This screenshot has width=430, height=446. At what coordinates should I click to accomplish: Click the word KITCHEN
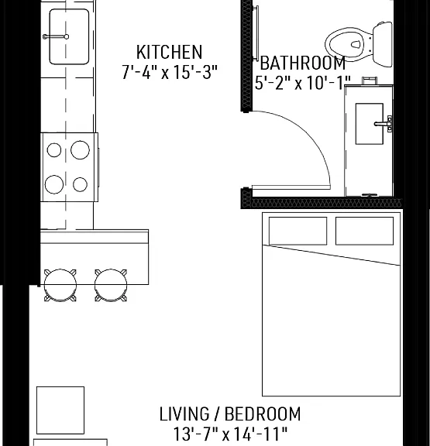[170, 52]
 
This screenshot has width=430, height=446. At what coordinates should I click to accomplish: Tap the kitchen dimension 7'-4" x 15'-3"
[170, 72]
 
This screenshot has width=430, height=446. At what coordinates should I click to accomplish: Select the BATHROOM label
[303, 63]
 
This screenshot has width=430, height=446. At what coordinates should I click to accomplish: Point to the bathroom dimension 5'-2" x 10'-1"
[302, 83]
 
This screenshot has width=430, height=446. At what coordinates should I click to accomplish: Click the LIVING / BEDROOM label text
[230, 414]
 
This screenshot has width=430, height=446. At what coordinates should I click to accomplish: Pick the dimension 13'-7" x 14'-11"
[230, 434]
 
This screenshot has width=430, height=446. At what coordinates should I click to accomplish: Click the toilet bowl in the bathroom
[349, 44]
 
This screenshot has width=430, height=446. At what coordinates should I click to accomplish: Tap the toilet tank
[383, 44]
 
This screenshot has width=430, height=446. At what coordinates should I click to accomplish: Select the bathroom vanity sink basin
[369, 124]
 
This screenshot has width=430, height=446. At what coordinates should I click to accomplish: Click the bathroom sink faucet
[383, 124]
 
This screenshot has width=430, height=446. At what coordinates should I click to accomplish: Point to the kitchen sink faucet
[56, 36]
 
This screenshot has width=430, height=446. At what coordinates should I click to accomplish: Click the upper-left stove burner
[54, 150]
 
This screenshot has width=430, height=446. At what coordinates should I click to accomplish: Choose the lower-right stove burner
[80, 184]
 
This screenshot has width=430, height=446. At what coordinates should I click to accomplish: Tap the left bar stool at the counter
[60, 285]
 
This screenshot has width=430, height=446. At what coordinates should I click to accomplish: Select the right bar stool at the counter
[111, 285]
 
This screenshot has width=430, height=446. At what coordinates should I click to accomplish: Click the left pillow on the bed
[298, 231]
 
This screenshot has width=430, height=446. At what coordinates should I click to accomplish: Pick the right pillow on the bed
[365, 231]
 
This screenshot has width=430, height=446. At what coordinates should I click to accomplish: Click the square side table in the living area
[60, 410]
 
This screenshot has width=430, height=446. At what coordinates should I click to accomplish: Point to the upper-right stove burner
[80, 150]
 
